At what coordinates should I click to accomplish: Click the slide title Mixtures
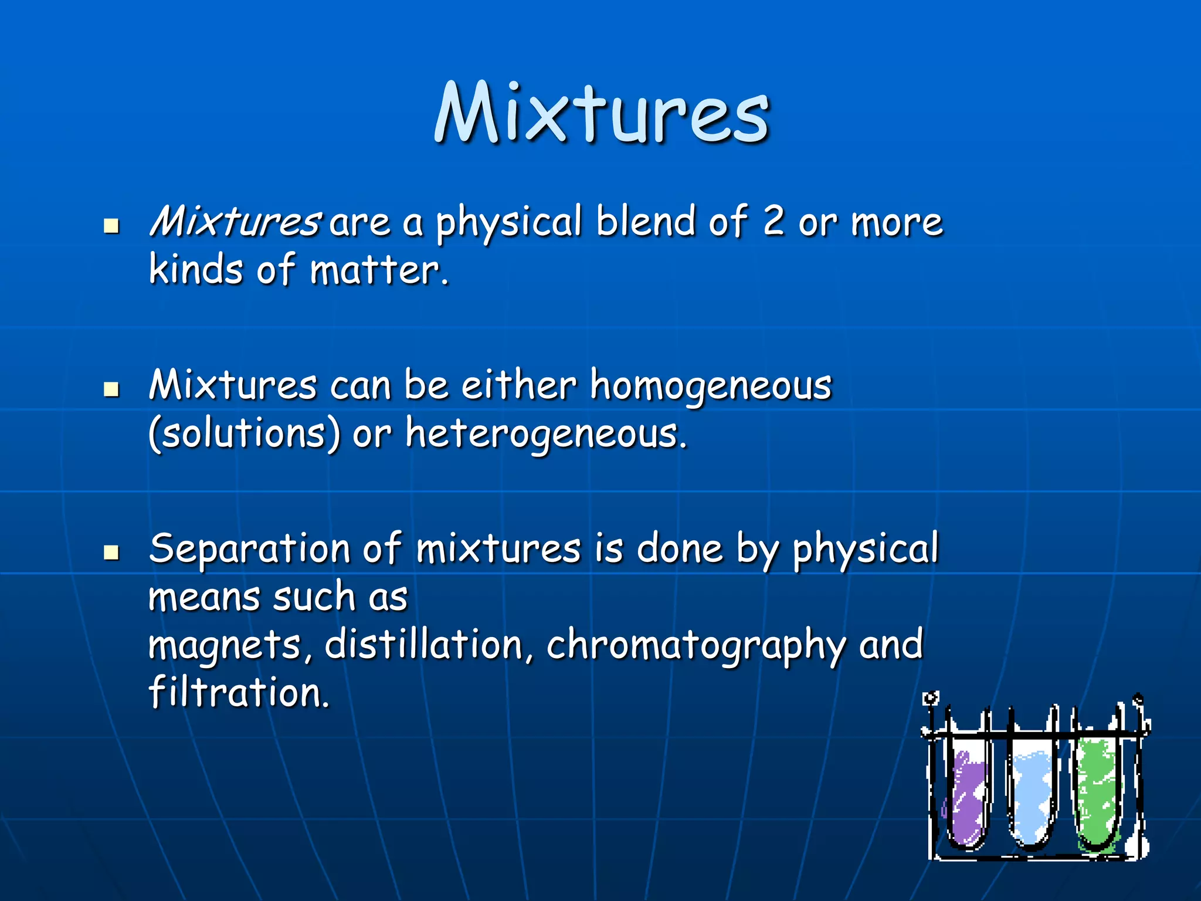601,113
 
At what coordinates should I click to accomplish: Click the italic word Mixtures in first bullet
233,222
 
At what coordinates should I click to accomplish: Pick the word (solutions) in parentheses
244,434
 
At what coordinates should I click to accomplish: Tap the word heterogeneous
545,434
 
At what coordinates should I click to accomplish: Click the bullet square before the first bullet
111,226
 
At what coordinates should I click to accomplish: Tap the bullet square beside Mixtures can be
111,389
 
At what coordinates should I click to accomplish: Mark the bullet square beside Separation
111,553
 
